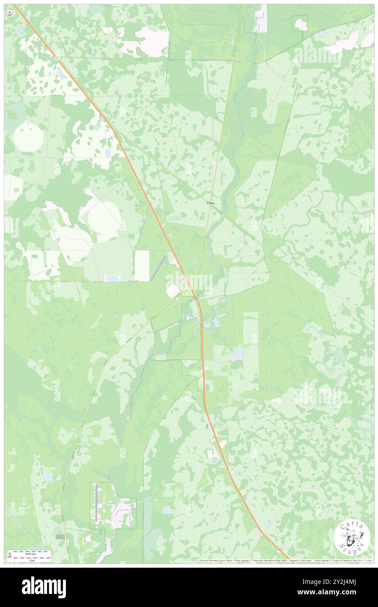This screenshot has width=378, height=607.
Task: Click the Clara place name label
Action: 210,203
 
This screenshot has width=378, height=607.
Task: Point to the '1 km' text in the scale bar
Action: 31,559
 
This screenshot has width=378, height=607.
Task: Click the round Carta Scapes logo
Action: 352,538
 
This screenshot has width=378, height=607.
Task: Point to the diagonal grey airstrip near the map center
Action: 158,268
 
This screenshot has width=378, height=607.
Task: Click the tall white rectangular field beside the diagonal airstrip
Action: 142,266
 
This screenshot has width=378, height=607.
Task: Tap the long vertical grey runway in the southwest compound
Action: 96,504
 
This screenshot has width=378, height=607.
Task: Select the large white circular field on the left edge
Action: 28,136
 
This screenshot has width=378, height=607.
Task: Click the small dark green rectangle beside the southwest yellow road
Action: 60,536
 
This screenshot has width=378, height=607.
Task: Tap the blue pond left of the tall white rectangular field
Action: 113,278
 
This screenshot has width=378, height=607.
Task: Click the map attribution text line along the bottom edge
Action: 284,560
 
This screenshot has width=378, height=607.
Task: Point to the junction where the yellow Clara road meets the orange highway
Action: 195,297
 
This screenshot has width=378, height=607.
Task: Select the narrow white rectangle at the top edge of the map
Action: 261,18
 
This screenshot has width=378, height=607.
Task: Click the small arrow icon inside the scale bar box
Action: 10,554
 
